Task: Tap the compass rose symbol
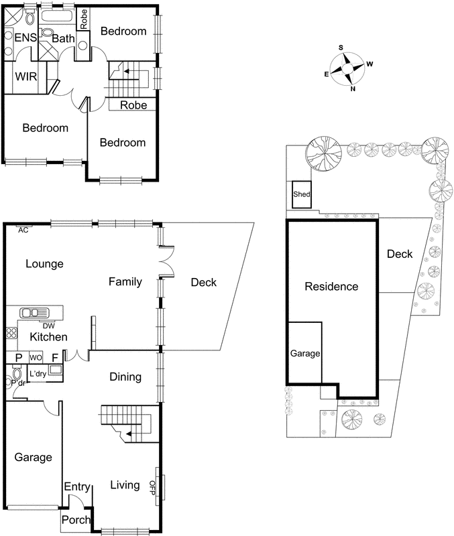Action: click(348, 68)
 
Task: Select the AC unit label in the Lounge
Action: click(24, 229)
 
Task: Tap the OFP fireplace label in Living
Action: click(152, 486)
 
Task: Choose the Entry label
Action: click(76, 488)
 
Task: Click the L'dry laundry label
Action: click(38, 374)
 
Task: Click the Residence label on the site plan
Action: click(331, 287)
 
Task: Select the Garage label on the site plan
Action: click(304, 353)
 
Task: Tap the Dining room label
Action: click(125, 377)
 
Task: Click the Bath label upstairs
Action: click(64, 40)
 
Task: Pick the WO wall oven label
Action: click(34, 357)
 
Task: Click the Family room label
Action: click(125, 282)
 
